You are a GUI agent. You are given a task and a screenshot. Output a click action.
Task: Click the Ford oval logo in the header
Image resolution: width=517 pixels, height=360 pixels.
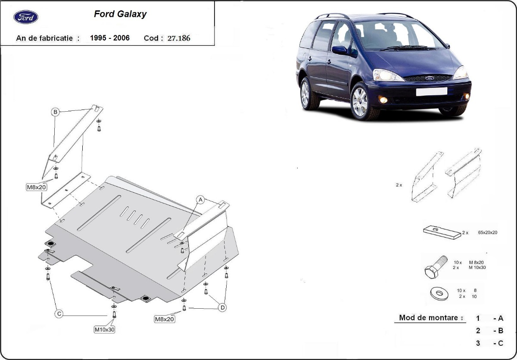(x=26, y=17)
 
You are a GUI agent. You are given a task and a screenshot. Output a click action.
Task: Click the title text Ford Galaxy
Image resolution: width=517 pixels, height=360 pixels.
(x=120, y=14)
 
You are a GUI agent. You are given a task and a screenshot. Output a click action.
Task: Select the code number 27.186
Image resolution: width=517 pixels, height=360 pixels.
(x=178, y=38)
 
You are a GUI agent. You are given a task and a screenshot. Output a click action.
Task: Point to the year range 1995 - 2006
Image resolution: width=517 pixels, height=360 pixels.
(x=109, y=38)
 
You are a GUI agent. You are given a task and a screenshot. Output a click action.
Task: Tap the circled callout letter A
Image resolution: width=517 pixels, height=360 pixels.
(x=200, y=199)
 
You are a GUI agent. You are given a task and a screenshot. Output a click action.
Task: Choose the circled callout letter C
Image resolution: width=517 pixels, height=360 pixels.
(x=59, y=314)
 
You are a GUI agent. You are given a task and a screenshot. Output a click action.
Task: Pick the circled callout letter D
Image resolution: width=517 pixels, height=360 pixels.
(x=222, y=307)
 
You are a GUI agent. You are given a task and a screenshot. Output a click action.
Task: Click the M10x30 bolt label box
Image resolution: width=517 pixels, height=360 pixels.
(x=105, y=330)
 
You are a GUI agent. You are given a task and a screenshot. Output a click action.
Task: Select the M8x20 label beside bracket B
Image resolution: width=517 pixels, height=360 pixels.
(x=37, y=187)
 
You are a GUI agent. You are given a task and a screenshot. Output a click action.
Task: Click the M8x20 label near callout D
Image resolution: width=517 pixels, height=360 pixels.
(x=165, y=319)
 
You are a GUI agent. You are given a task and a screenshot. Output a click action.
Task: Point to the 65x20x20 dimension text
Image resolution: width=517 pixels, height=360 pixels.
(x=488, y=232)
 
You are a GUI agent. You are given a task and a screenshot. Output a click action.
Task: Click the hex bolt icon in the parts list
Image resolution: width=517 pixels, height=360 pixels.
(x=436, y=267)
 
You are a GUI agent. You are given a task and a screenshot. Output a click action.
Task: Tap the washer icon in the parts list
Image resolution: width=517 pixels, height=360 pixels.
(x=439, y=294)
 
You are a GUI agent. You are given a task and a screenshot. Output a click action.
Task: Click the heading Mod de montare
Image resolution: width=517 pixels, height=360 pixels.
(x=428, y=318)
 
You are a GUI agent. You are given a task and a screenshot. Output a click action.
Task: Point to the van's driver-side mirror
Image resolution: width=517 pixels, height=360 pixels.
(x=340, y=50)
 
